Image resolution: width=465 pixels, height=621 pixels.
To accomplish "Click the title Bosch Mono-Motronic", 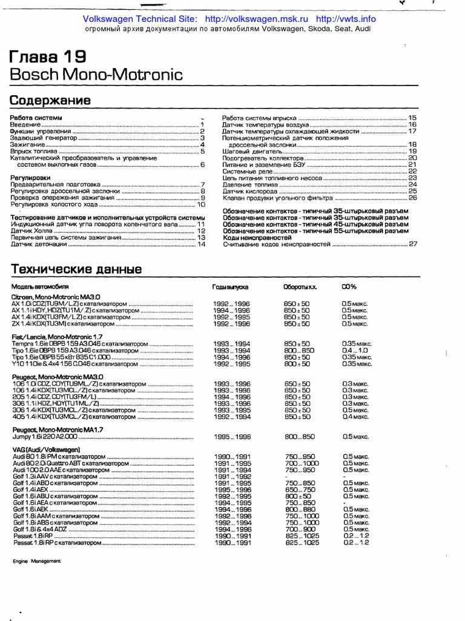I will click(x=96, y=75).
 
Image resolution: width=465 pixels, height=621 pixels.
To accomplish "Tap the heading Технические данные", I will click(x=76, y=269).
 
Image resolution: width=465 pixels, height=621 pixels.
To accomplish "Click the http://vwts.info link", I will click(x=346, y=19).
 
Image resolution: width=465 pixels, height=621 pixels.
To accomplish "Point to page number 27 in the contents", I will click(x=413, y=244).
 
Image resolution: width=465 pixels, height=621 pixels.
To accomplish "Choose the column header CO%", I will click(x=349, y=286).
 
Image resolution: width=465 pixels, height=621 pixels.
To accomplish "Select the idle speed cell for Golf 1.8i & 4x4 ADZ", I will click(x=297, y=529).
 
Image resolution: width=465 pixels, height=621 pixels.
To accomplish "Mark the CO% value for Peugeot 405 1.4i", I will click(x=355, y=417).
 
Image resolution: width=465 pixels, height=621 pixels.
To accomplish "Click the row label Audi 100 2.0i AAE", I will click(x=45, y=470).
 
